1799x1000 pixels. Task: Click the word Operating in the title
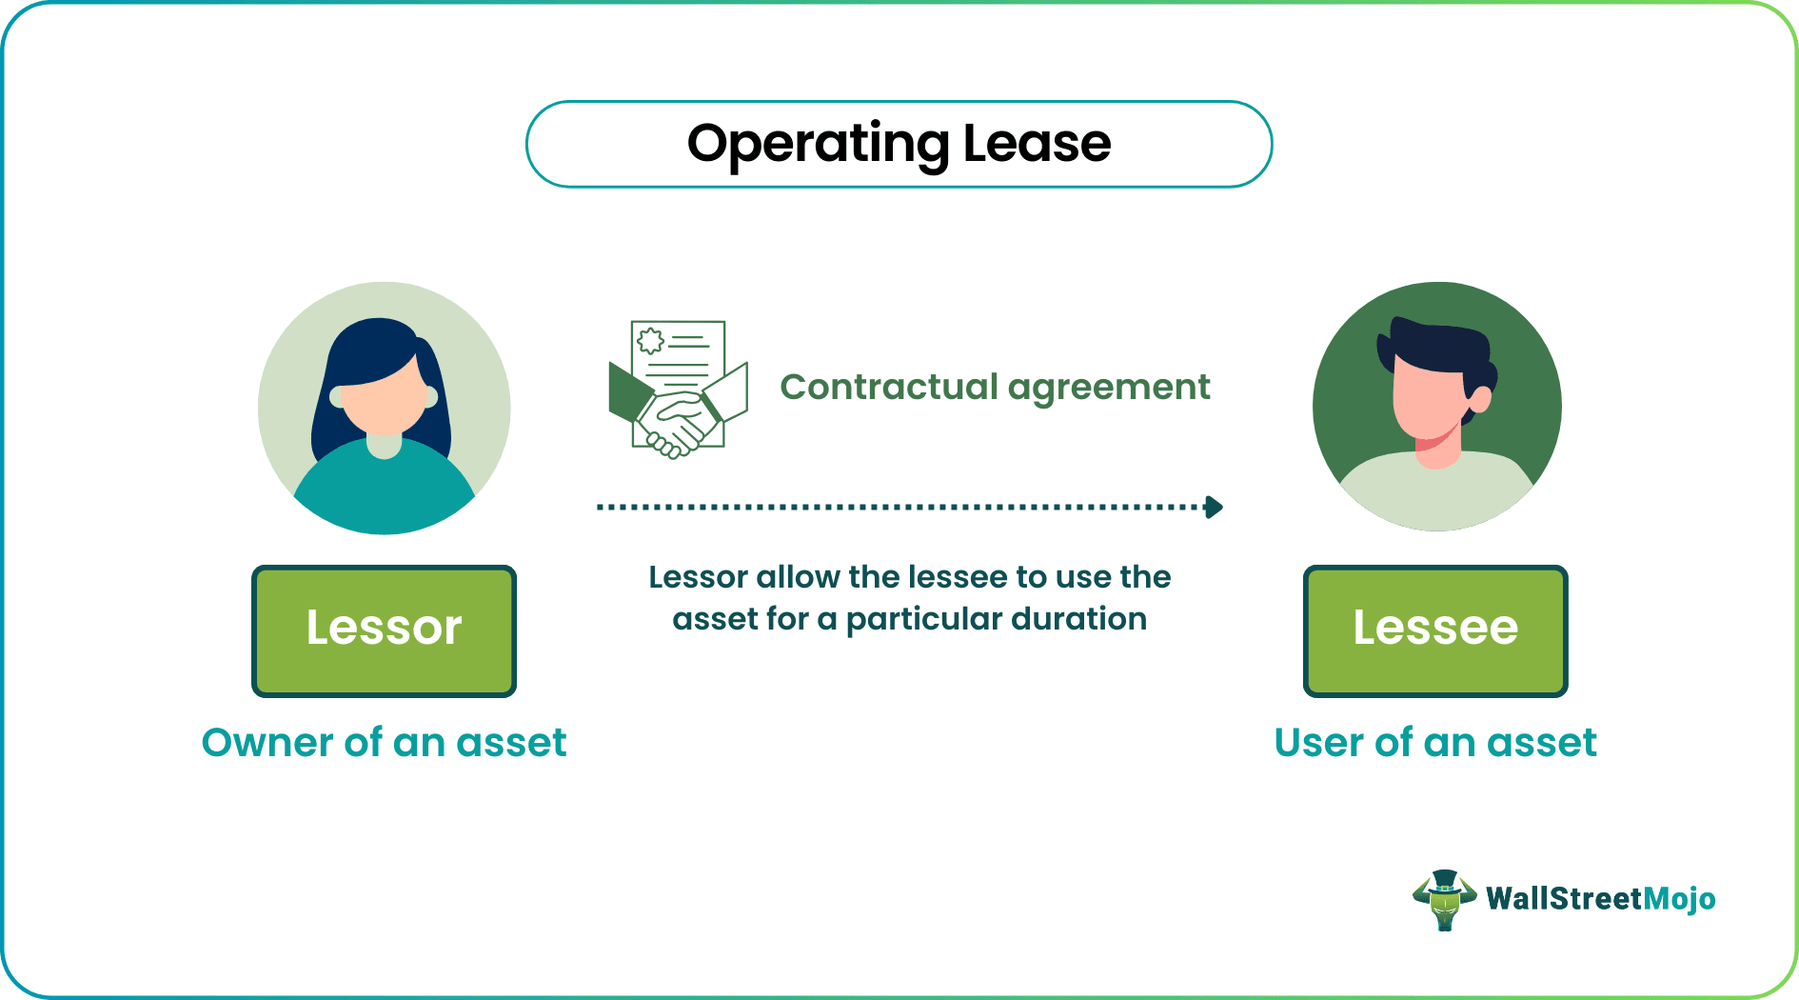click(818, 145)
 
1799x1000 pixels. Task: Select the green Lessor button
click(384, 630)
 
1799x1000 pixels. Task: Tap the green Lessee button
click(1434, 630)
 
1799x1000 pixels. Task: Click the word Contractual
click(888, 388)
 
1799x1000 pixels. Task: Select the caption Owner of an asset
click(384, 743)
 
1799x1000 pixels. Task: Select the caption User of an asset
click(1434, 743)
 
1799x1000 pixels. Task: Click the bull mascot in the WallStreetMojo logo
click(1444, 899)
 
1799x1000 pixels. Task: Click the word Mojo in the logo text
click(1679, 899)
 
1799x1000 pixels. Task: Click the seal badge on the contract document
click(651, 341)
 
